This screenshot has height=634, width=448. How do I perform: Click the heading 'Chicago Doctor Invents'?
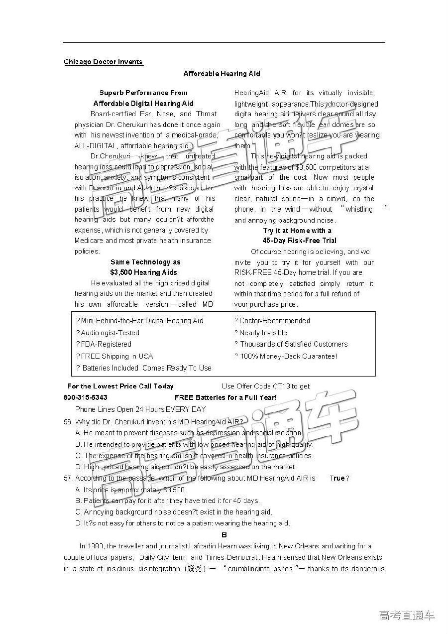pos(103,62)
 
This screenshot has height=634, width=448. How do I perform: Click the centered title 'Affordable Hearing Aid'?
pos(222,74)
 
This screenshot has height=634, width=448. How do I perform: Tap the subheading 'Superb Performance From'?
pos(143,93)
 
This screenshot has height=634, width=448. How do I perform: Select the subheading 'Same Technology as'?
pos(145,262)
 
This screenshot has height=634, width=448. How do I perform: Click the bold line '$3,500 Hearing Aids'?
pos(143,272)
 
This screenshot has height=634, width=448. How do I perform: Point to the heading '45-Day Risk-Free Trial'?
pos(299,241)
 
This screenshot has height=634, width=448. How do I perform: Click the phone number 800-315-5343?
pos(85,397)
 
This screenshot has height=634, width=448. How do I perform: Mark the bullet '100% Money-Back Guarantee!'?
pos(289,356)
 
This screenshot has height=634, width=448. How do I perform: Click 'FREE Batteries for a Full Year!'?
pos(225,397)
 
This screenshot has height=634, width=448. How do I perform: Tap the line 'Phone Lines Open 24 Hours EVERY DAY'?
pos(140,409)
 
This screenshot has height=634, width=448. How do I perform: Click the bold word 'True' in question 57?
pos(337,478)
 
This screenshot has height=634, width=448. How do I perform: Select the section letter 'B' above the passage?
pos(224,535)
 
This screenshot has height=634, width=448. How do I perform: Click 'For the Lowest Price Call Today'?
pos(120,386)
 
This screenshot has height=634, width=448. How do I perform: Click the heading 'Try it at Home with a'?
pos(297,231)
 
